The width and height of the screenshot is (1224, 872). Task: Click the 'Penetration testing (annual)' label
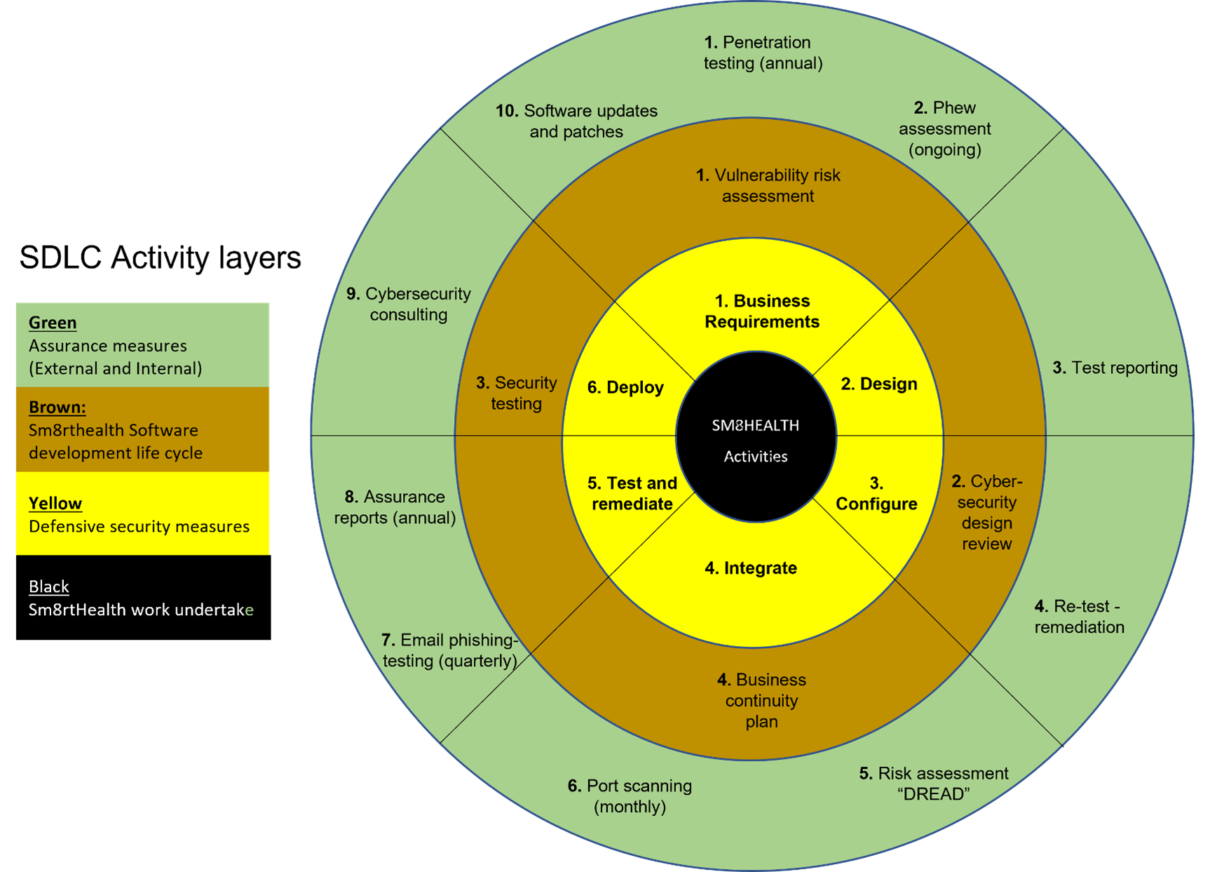(x=763, y=53)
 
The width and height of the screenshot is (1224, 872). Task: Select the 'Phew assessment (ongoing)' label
(x=944, y=128)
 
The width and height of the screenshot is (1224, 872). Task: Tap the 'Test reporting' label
(x=1115, y=368)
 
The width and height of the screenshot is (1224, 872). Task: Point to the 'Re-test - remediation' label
(x=1079, y=617)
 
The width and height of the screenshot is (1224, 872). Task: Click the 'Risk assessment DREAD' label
(x=934, y=784)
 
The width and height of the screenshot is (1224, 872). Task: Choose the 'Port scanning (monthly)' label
(x=630, y=796)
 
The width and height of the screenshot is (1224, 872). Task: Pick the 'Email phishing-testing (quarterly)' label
(x=449, y=650)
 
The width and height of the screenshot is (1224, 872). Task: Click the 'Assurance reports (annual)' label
(x=395, y=507)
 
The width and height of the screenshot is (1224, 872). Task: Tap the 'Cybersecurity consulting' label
(x=409, y=304)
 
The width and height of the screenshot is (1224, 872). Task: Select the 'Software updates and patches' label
(x=576, y=121)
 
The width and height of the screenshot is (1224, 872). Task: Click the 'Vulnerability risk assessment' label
(x=768, y=186)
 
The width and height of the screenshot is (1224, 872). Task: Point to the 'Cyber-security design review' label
(x=986, y=512)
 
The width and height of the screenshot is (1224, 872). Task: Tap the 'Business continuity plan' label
(x=761, y=700)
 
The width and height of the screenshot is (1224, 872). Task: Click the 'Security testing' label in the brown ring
(x=517, y=393)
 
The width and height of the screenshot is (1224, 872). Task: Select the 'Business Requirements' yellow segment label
(x=762, y=311)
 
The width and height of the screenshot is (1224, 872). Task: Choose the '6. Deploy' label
(x=625, y=387)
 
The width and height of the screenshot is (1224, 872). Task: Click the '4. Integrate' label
(x=751, y=568)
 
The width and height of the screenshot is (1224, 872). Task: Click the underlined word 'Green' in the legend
(x=53, y=323)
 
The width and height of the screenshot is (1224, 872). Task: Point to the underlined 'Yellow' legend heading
(x=55, y=503)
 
